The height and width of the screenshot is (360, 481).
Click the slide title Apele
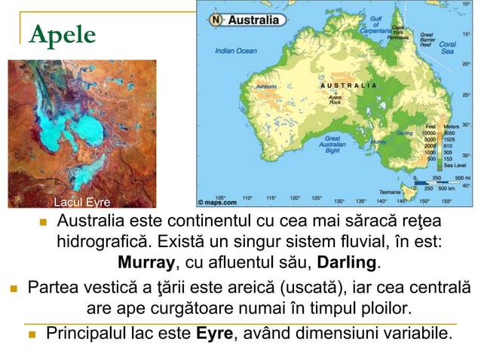pos(63,34)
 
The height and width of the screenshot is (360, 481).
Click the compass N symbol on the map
pos(216,20)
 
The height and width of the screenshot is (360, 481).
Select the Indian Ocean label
pos(235,51)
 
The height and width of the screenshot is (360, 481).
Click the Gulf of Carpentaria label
pos(376,26)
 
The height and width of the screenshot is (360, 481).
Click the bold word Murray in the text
pos(146,264)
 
